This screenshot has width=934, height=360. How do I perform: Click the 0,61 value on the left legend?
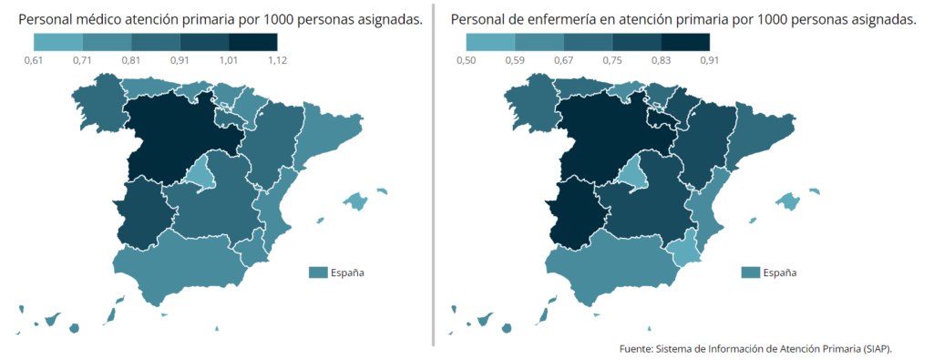tap(34, 60)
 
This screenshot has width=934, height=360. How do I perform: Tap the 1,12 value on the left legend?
tap(277, 60)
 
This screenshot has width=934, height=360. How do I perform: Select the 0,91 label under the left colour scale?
tap(180, 60)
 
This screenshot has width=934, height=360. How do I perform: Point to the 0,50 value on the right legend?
tap(467, 60)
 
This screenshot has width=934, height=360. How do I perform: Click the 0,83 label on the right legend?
tap(661, 60)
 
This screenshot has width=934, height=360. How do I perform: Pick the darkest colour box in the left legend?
tap(252, 41)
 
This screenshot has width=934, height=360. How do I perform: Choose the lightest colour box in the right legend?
tap(490, 41)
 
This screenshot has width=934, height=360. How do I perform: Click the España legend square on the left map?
tap(319, 273)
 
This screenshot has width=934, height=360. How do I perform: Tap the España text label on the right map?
tap(779, 273)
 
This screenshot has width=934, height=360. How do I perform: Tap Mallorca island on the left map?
tap(354, 201)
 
